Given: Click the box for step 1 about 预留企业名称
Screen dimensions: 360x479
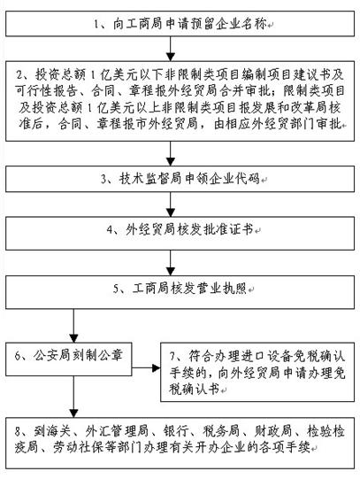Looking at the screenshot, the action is point(180,24).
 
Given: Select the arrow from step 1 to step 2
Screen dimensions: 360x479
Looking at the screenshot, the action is point(171,49).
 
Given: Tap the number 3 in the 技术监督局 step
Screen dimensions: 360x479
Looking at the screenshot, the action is point(104,179).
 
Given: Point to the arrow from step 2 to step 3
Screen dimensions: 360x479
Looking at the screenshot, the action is point(171,154).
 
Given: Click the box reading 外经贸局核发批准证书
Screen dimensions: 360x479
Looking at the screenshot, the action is point(180,234).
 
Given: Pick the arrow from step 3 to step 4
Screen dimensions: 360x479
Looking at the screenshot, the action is point(171,205).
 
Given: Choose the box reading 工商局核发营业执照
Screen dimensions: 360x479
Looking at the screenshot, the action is point(180,292).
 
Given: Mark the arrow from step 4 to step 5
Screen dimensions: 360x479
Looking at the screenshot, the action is point(171,263).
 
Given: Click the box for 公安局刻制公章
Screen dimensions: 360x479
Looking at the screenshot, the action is point(69,359).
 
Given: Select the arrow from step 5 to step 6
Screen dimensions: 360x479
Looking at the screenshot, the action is point(73,326).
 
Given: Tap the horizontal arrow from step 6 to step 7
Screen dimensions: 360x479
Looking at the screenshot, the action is point(147,367).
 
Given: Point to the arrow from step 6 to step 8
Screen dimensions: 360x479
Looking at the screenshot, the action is point(73,397).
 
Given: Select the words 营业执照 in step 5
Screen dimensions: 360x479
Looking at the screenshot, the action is point(222,289).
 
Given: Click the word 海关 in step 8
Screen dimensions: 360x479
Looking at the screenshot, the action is point(58,431).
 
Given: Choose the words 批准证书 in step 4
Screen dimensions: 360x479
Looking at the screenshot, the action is point(228,229).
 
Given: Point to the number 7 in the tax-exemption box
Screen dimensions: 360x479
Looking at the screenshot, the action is point(172,356).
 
